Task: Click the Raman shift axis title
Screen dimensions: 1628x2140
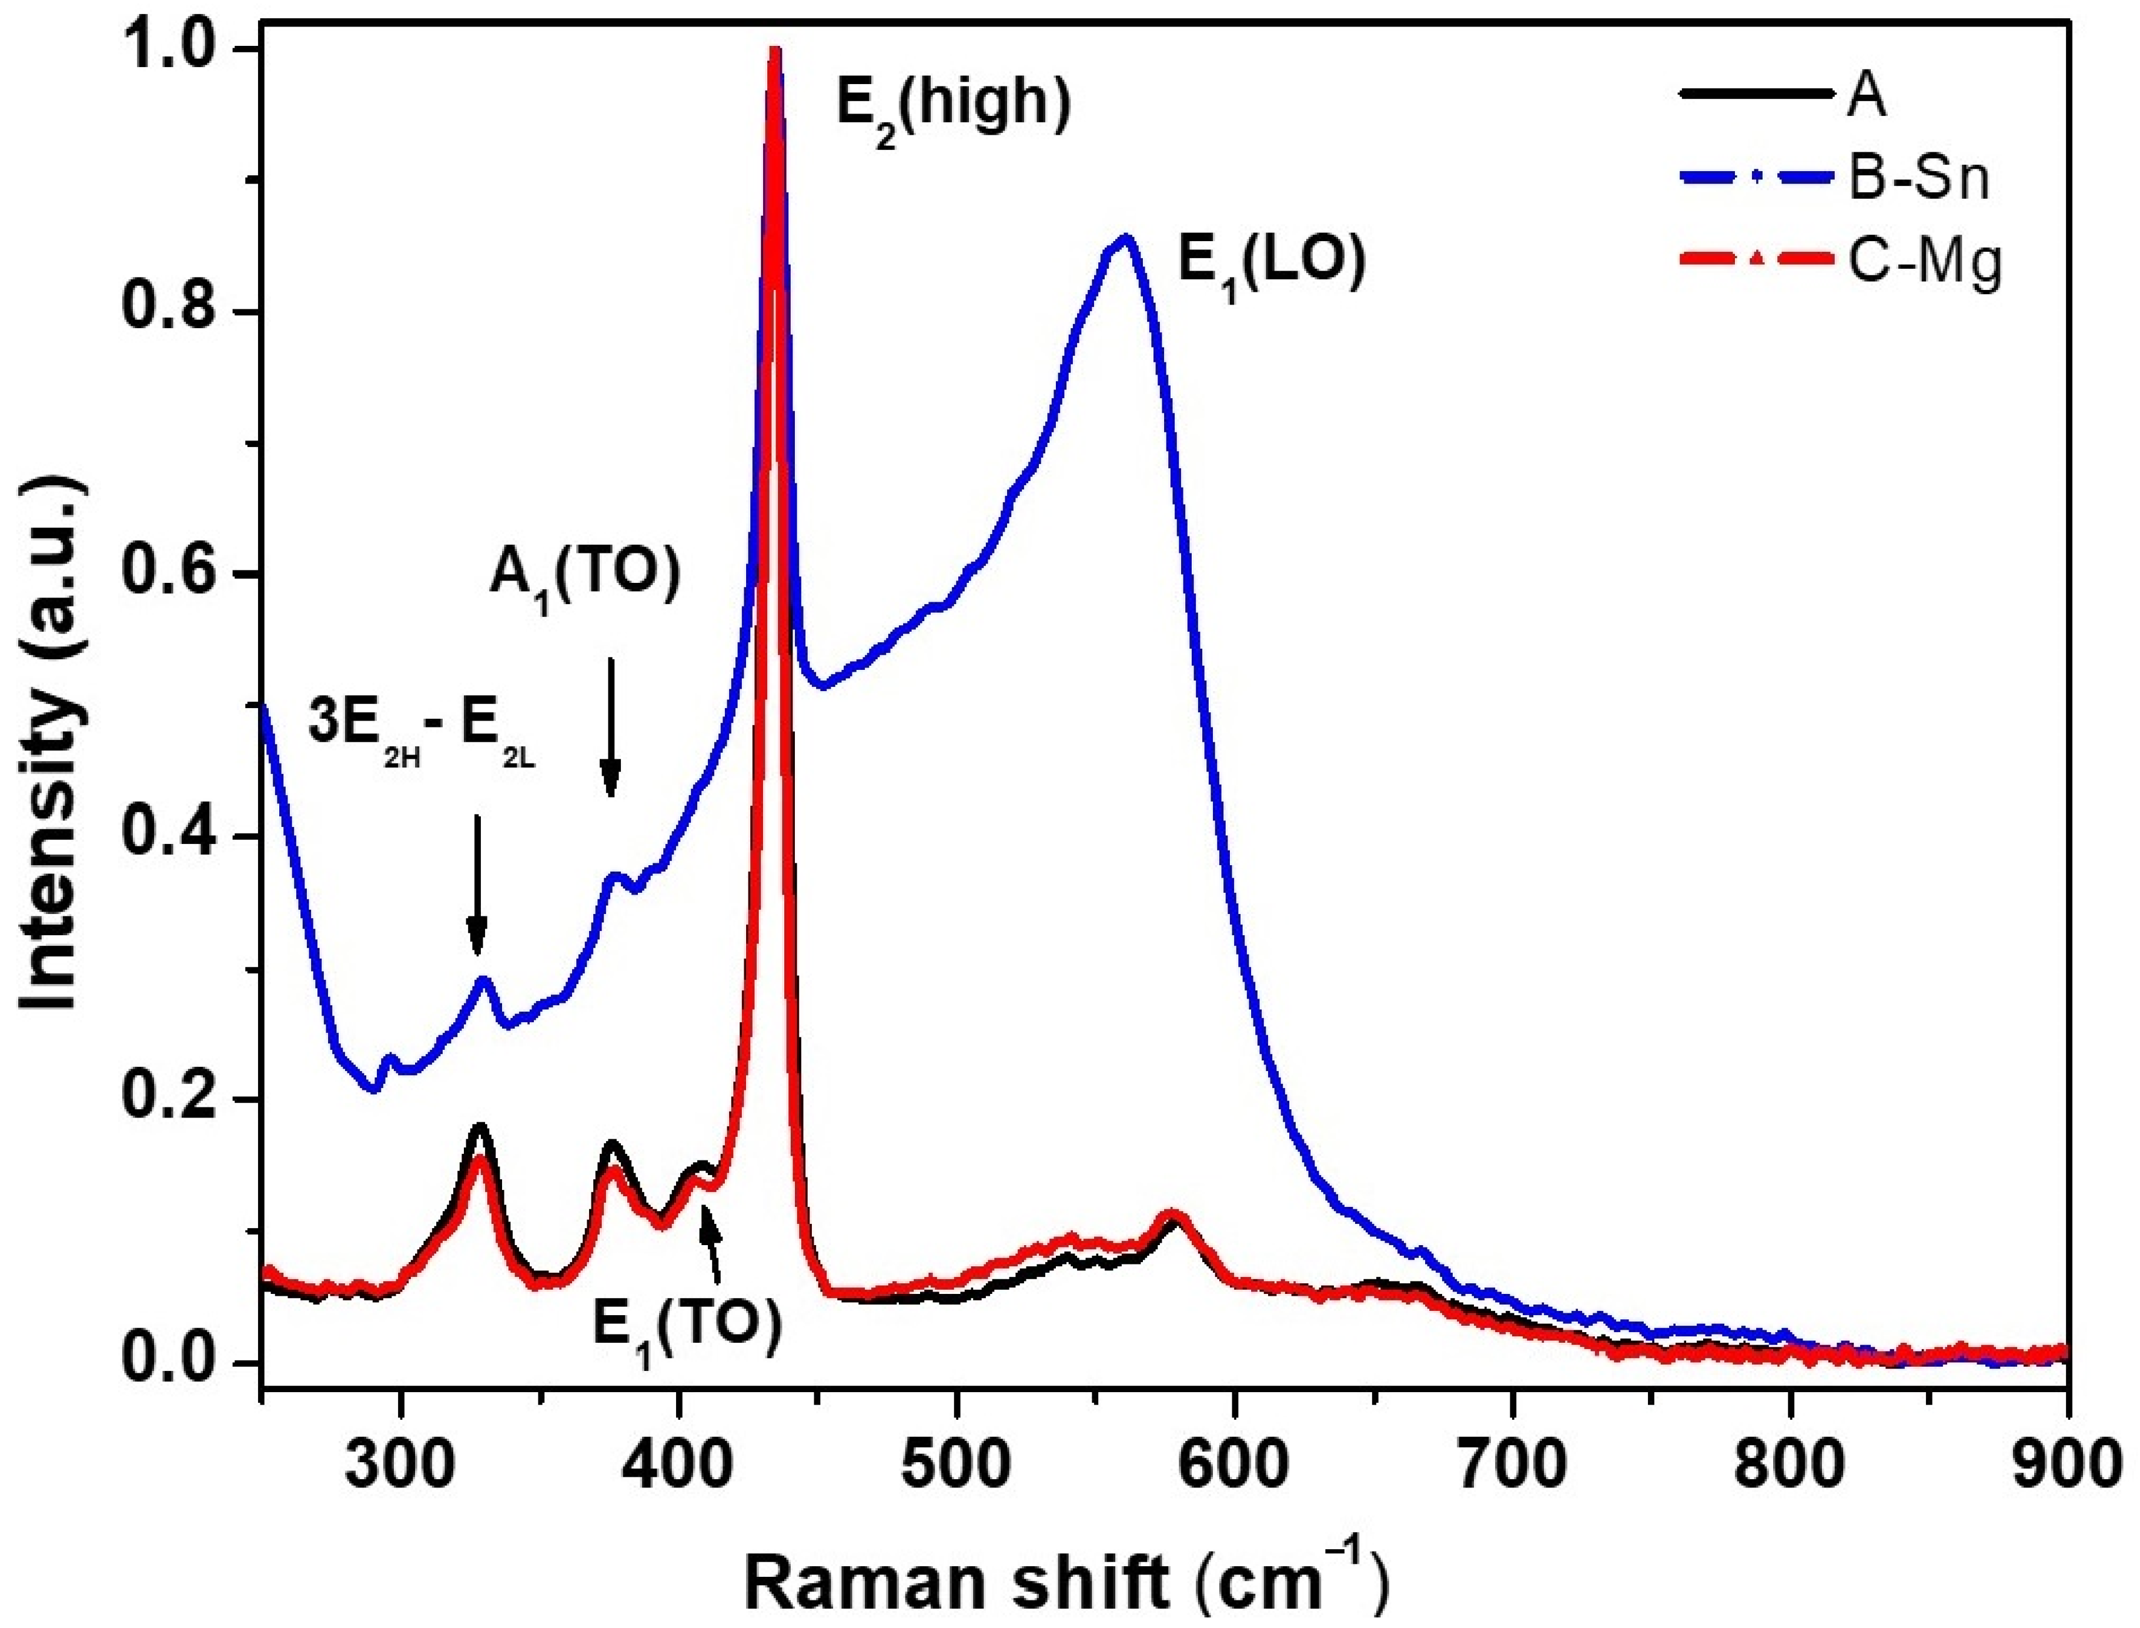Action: coord(1066,1577)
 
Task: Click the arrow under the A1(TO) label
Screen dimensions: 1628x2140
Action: coord(610,727)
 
